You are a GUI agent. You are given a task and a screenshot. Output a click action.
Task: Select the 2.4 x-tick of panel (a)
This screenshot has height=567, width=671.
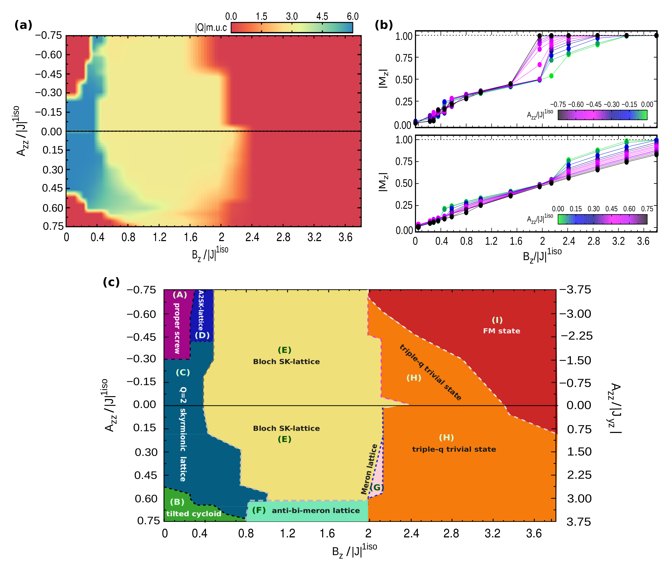[252, 238]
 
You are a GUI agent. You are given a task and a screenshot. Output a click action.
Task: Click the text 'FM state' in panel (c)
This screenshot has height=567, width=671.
[501, 331]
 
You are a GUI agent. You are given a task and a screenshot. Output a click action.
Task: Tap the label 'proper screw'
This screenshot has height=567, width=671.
[177, 328]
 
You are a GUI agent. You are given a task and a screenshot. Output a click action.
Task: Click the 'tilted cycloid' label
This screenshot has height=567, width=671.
[194, 514]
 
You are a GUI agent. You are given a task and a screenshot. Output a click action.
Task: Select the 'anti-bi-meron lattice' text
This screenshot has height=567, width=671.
[316, 511]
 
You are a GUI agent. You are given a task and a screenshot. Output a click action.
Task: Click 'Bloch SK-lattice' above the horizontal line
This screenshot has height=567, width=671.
[286, 362]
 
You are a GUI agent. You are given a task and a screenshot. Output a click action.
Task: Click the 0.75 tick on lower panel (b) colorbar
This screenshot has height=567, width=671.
[647, 209]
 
